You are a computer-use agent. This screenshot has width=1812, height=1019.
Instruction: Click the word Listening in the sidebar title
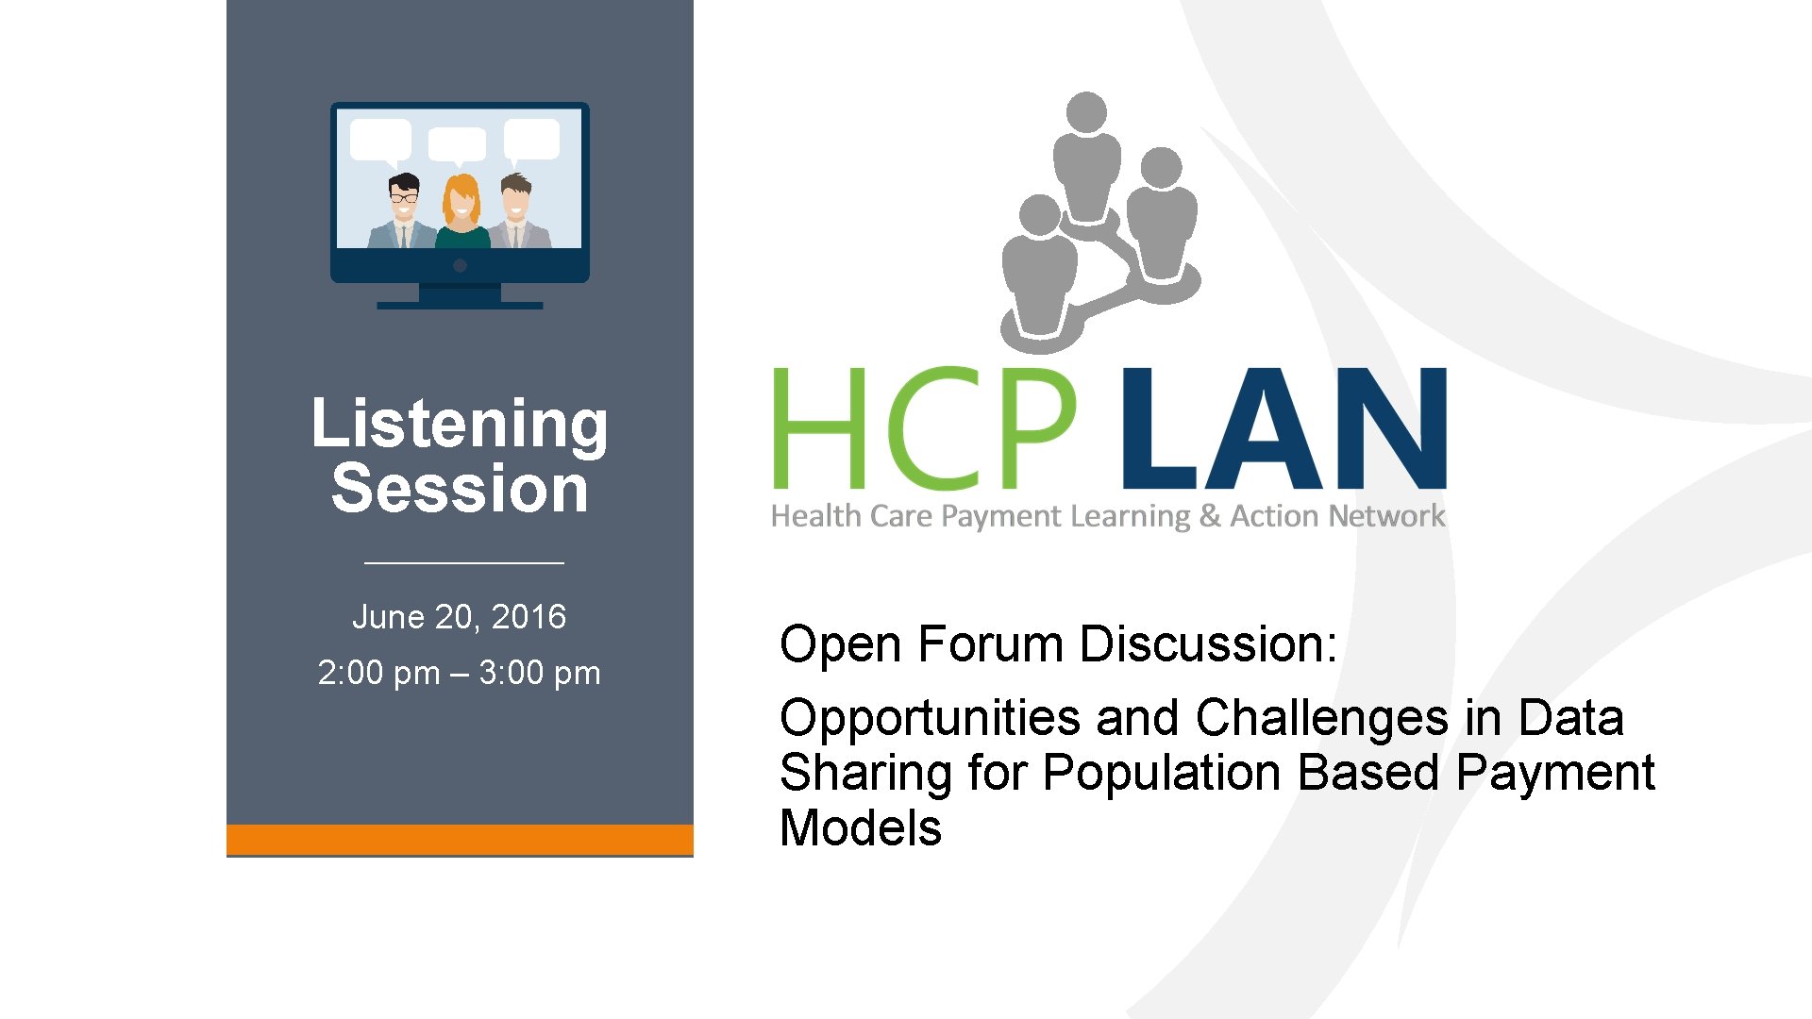[460, 424]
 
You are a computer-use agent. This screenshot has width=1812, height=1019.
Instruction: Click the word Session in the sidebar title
[460, 489]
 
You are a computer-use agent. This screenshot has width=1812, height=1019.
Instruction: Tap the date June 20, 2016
[459, 617]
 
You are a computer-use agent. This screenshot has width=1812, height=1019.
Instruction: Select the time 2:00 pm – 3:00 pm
[459, 674]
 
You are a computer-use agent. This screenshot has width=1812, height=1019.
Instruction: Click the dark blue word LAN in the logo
[1283, 428]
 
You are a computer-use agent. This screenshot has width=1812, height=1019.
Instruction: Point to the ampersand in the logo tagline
[1210, 516]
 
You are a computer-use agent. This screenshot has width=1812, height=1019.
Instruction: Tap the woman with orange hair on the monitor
[461, 212]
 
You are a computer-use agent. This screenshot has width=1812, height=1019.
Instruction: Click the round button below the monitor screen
[460, 266]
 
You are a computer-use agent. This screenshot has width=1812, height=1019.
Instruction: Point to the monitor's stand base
[460, 305]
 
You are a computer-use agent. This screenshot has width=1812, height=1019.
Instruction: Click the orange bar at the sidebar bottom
[460, 839]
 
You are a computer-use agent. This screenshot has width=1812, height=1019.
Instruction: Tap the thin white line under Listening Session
[463, 563]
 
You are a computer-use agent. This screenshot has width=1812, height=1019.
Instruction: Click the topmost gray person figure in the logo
[1086, 156]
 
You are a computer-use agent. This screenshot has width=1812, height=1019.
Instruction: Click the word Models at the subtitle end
[860, 828]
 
